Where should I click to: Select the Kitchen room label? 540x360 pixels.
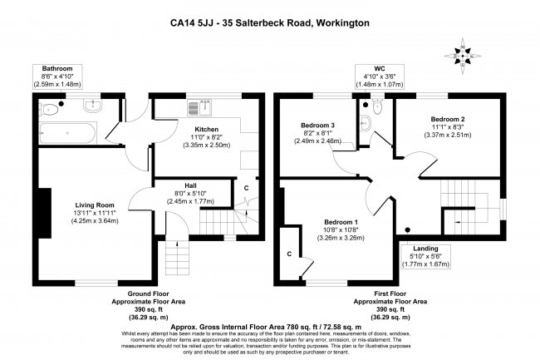click(208, 130)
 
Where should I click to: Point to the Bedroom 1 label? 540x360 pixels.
click(341, 221)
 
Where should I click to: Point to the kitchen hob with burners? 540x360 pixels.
click(196, 106)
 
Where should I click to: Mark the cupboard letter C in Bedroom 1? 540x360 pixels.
click(289, 253)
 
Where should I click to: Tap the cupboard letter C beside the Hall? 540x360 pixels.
click(246, 188)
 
